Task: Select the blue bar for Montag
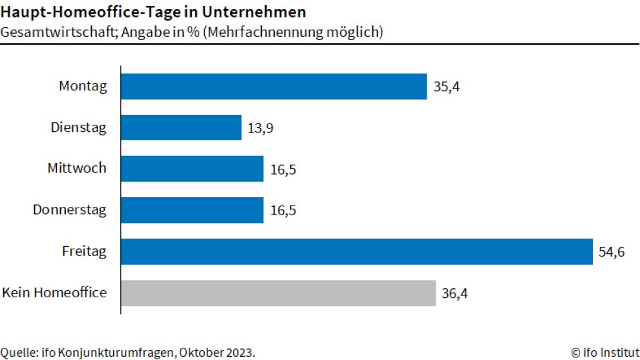coord(273,86)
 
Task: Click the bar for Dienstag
coord(181,128)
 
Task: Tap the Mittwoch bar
coord(192,169)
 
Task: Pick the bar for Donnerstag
coord(192,210)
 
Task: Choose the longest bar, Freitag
coord(356,251)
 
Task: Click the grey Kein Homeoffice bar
coord(278,293)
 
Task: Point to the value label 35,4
coord(446,87)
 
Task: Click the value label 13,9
coord(261,129)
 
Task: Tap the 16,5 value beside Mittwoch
coord(283,169)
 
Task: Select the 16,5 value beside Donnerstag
coord(283,211)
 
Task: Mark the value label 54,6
coord(612,252)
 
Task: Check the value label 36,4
coord(454,293)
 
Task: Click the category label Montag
coord(82,86)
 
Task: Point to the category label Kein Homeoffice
coord(54,293)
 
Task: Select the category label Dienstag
coord(78,127)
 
